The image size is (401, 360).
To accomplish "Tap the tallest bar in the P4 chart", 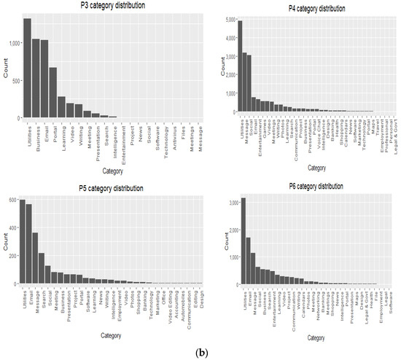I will [240, 66].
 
